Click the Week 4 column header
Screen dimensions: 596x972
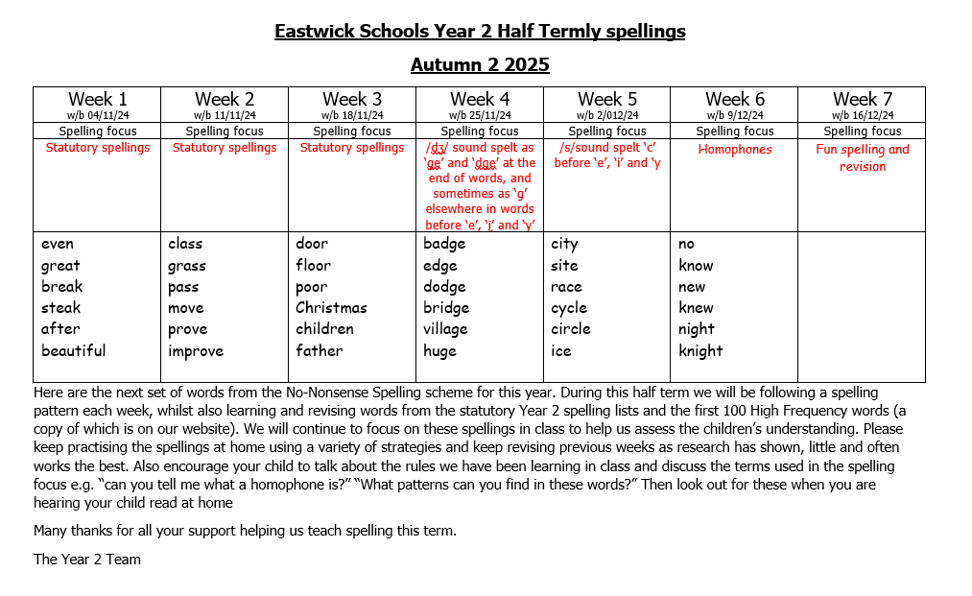click(x=480, y=99)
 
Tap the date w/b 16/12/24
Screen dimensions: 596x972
click(x=863, y=115)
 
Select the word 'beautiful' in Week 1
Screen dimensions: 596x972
click(x=74, y=350)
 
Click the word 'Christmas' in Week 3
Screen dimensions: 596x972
click(x=331, y=308)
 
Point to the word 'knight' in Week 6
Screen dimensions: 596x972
click(x=700, y=350)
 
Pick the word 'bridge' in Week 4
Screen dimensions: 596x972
click(x=446, y=308)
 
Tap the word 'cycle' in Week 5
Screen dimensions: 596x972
click(x=569, y=308)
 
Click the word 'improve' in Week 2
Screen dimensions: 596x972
click(x=196, y=350)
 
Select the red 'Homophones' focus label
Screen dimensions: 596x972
click(x=734, y=149)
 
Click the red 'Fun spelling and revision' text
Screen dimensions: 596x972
click(x=863, y=157)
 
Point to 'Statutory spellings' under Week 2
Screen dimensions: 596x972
click(x=225, y=148)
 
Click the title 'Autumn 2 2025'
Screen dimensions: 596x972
click(x=480, y=65)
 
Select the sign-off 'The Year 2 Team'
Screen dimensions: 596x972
click(x=87, y=560)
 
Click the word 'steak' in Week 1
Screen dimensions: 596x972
click(x=61, y=308)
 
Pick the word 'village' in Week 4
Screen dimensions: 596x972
click(x=445, y=329)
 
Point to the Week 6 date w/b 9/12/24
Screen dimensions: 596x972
click(x=734, y=115)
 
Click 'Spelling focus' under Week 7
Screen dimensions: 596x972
click(x=863, y=131)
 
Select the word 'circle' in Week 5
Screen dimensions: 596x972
click(x=571, y=329)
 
